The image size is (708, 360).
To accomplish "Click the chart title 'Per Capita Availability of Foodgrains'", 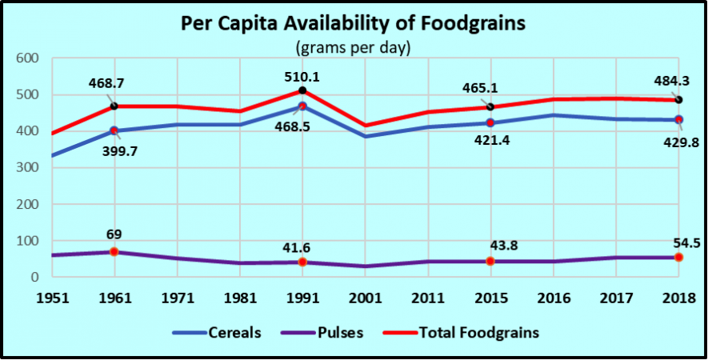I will (x=354, y=23).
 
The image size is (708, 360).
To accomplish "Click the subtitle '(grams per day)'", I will (x=354, y=48).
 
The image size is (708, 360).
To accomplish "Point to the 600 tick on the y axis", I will (x=28, y=58).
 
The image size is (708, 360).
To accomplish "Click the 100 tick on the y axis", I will (x=28, y=241).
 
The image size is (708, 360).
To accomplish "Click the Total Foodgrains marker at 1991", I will (x=302, y=91).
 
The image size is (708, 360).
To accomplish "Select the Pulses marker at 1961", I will (x=114, y=252).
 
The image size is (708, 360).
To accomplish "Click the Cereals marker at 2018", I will (x=678, y=120).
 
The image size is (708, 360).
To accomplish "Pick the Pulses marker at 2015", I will (x=490, y=262).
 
